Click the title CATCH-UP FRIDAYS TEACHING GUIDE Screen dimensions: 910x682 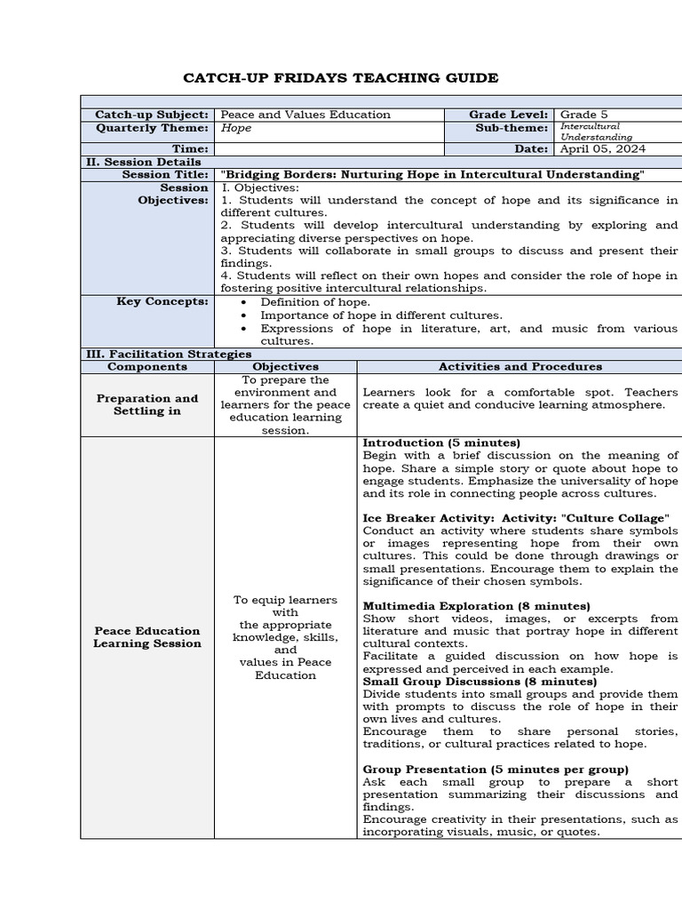340,78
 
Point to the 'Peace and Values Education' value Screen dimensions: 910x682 305,115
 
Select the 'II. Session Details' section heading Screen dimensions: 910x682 143,163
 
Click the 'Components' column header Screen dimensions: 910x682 147,366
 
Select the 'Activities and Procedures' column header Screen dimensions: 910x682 519,366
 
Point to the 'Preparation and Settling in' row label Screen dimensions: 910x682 147,405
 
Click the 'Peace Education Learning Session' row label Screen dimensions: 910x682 147,637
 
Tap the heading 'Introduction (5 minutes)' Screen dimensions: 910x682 441,443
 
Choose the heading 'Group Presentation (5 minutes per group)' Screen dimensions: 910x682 496,769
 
